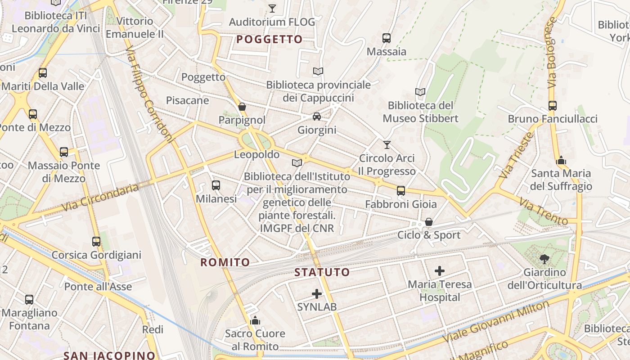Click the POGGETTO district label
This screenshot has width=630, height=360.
(x=270, y=40)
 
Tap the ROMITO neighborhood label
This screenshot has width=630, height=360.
(x=225, y=262)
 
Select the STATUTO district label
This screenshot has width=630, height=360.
(x=322, y=272)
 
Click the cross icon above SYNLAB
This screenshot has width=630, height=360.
(x=317, y=294)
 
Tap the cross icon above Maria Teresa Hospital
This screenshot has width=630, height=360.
(x=440, y=271)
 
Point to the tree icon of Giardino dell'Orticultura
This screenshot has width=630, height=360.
(x=544, y=259)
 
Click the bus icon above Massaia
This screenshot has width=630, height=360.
(x=387, y=38)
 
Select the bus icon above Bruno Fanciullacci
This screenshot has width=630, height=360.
(x=553, y=106)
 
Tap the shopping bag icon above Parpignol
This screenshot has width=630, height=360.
(x=242, y=107)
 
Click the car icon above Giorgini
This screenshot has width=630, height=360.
(x=317, y=117)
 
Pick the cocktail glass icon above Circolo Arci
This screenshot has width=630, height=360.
(x=387, y=145)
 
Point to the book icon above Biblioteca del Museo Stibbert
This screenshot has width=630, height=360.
(x=420, y=92)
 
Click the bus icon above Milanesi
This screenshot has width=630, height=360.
(x=216, y=185)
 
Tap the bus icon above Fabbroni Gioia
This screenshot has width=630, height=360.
(x=401, y=191)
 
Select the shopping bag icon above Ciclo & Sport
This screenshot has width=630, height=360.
(x=429, y=222)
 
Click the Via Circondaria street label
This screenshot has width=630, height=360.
(x=100, y=198)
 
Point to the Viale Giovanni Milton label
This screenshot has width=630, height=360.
(x=496, y=322)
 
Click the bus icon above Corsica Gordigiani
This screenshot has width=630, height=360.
(x=96, y=242)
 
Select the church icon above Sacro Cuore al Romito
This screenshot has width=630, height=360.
(x=255, y=320)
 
